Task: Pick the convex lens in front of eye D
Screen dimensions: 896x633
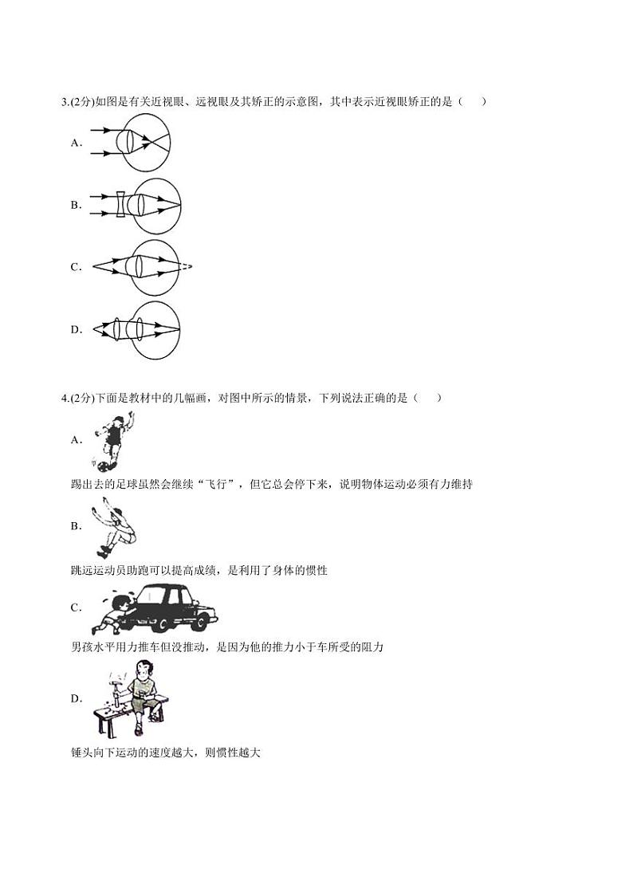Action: [116, 328]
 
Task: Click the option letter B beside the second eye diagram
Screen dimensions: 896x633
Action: [76, 205]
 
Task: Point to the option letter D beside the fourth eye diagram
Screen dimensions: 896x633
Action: [76, 328]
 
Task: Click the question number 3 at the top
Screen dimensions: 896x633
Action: [64, 101]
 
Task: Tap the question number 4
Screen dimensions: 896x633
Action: [64, 399]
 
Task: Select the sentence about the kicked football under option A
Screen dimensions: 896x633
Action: [271, 485]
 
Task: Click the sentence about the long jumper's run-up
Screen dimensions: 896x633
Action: [199, 570]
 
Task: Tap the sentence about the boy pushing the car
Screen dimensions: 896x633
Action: [226, 646]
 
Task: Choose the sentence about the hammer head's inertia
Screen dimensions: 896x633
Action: [165, 752]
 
